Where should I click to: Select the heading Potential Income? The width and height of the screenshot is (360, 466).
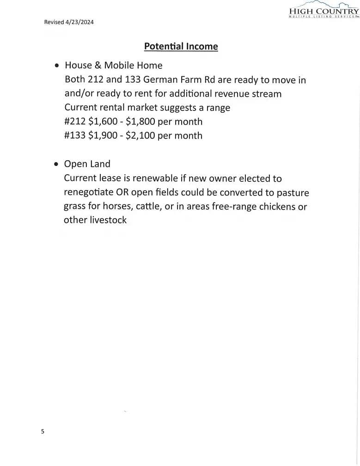pos(181,47)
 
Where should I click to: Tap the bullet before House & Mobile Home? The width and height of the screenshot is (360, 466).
pos(56,66)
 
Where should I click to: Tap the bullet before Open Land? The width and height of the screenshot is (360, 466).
pos(56,164)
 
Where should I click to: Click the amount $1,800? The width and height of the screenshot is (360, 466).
pos(140,122)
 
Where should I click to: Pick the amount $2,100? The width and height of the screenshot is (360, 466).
pos(140,136)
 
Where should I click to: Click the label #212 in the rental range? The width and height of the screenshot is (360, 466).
pos(75,122)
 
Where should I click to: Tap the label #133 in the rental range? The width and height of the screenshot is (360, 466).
pos(75,136)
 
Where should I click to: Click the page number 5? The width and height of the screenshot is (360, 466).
pos(43,432)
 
